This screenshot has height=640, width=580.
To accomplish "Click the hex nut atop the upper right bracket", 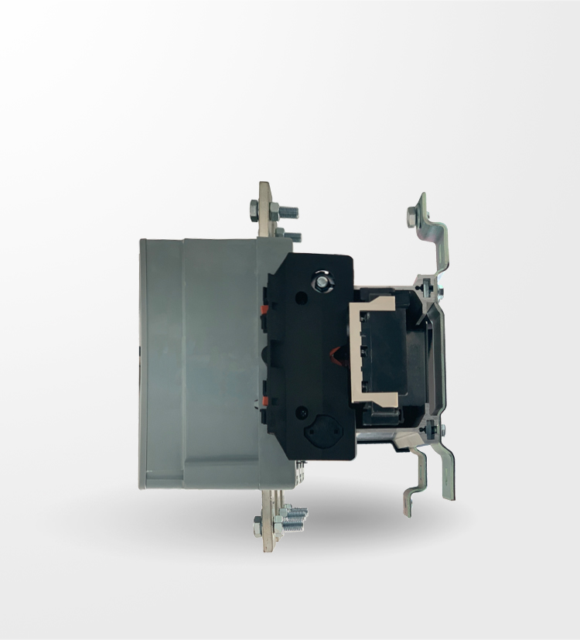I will click(411, 219).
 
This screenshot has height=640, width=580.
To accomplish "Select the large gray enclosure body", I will click(205, 364).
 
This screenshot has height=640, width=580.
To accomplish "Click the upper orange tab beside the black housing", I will click(264, 309).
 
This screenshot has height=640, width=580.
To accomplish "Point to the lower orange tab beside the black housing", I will click(264, 400).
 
